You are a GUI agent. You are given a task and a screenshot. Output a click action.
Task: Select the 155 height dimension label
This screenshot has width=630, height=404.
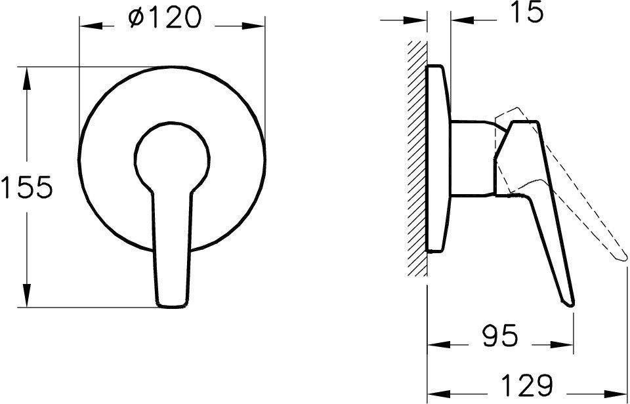(26, 189)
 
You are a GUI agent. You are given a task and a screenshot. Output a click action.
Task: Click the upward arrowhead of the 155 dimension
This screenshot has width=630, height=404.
(26, 73)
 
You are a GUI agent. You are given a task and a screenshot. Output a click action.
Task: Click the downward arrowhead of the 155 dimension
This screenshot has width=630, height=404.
(26, 298)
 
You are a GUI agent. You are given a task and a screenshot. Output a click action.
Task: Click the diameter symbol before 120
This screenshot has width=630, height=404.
(136, 20)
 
